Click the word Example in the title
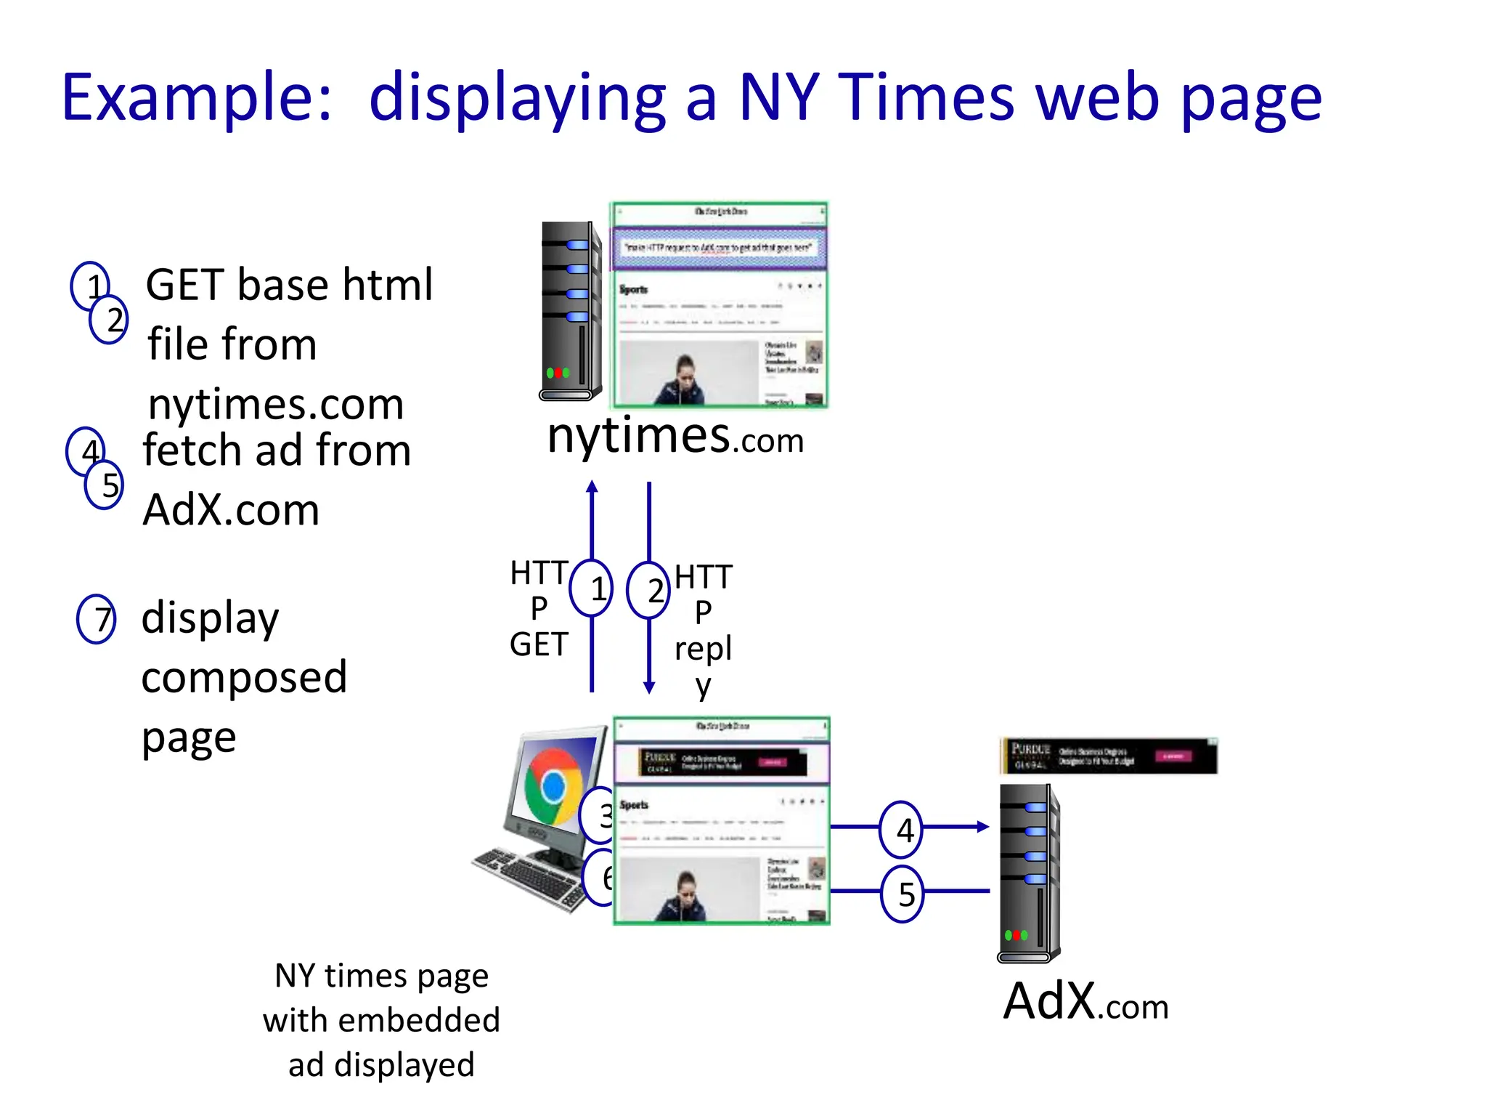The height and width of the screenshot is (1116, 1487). [x=196, y=98]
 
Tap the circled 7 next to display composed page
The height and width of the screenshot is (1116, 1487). [x=97, y=619]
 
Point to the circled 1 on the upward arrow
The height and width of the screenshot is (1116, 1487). [x=592, y=589]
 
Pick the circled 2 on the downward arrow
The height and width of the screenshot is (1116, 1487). [x=648, y=590]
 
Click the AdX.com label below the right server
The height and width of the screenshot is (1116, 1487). [x=1085, y=1002]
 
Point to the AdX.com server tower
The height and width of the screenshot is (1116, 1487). [x=1029, y=872]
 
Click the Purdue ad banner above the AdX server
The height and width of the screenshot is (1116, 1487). [x=1108, y=756]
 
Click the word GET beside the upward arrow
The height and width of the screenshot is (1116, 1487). [x=539, y=644]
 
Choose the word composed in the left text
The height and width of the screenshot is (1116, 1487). [x=244, y=678]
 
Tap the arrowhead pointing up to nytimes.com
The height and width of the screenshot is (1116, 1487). [x=592, y=486]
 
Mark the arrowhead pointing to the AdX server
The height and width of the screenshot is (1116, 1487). [x=982, y=827]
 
